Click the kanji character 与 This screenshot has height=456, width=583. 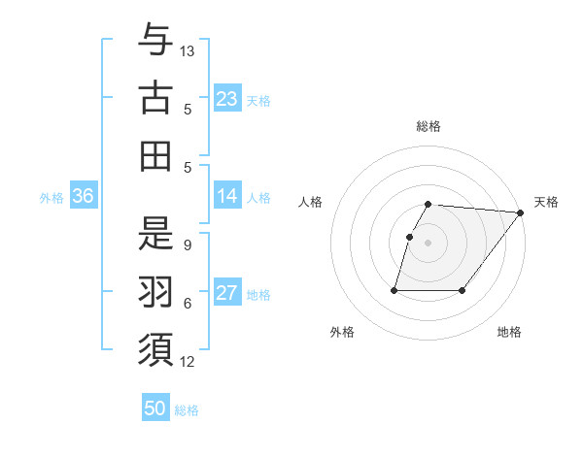point(155,40)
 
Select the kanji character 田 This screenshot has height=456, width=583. point(155,155)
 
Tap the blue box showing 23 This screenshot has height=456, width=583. point(227,98)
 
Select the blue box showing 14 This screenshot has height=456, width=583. point(227,196)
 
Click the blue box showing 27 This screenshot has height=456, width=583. point(227,293)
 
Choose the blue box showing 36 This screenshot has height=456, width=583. point(84,196)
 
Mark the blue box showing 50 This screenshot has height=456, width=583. point(155,408)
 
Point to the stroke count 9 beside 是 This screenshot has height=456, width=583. point(188,245)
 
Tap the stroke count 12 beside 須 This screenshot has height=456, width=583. point(189,362)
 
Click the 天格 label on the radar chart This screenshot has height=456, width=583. point(546,202)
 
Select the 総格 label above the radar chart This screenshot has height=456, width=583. point(429,127)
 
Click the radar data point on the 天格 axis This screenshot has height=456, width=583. point(521,212)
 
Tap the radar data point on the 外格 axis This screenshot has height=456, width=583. point(394,290)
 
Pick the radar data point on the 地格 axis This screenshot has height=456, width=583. point(463,290)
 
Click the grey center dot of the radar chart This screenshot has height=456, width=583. point(429,243)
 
